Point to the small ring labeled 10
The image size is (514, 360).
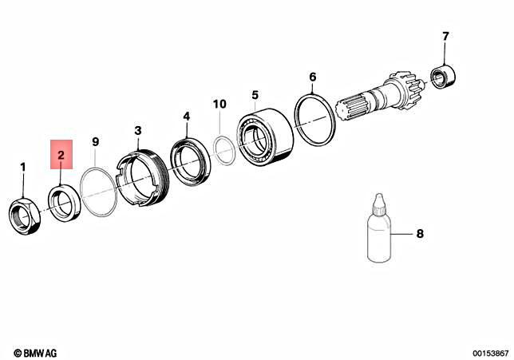click(223, 148)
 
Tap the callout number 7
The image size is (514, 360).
click(445, 36)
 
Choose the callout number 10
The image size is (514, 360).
click(219, 104)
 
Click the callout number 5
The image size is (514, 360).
click(255, 95)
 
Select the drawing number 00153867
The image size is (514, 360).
click(489, 352)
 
